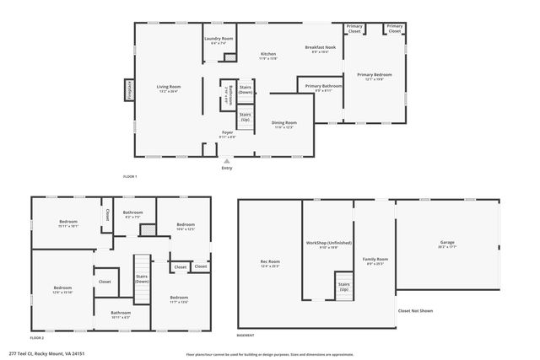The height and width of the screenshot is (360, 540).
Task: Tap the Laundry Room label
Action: coord(219,39)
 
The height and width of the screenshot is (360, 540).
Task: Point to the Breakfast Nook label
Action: coord(320,48)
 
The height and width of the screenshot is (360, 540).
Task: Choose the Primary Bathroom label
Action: coord(323,86)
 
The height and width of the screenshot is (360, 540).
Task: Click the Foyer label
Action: coord(227,132)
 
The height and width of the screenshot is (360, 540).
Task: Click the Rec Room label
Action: coord(270,262)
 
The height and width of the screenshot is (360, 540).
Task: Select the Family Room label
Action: coord(375,260)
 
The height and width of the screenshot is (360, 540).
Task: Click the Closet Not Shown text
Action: coord(414,311)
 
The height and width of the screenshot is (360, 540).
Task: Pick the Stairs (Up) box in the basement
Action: coord(343,285)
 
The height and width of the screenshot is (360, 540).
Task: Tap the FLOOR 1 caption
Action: coord(129,176)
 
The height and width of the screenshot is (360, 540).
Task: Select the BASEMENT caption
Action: coord(245,335)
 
